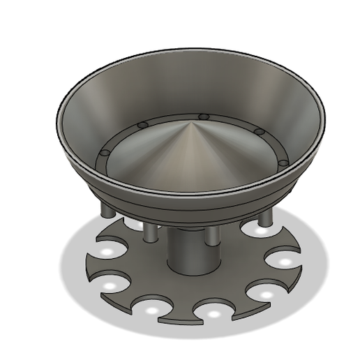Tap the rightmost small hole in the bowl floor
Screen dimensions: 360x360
click(283, 163)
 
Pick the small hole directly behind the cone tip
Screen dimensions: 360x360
click(204, 117)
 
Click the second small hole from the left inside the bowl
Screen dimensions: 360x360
click(143, 126)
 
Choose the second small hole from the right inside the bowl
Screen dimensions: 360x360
click(259, 132)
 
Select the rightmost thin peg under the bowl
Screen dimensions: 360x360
click(265, 218)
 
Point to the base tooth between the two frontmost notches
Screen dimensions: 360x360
click(181, 316)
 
